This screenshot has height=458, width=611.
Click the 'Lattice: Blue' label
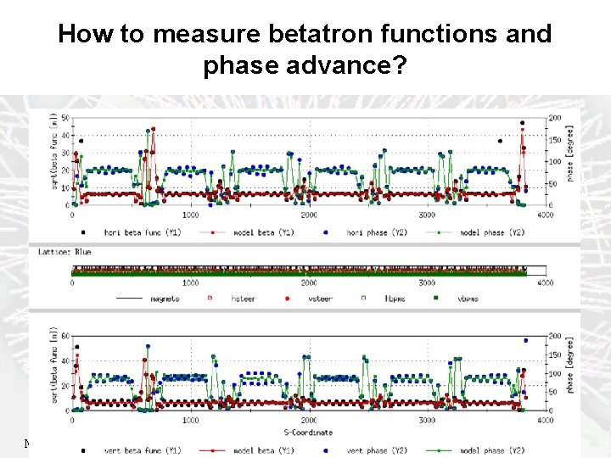click(x=64, y=251)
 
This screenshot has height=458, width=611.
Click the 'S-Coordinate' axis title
click(x=309, y=432)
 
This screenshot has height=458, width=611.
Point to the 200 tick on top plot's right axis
click(x=554, y=117)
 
